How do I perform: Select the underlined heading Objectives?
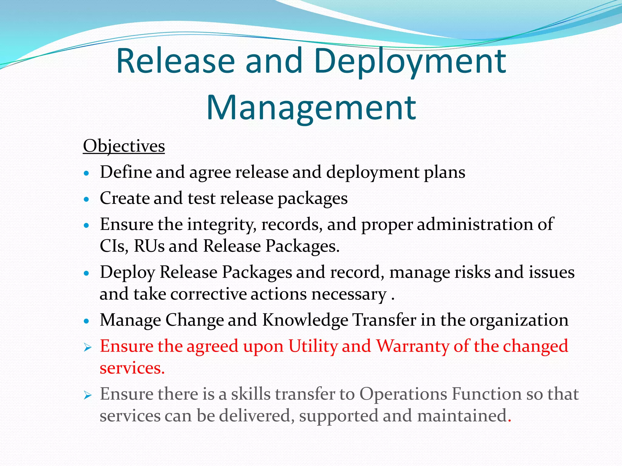pos(124,147)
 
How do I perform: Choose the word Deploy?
pos(128,272)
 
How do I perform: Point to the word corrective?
pos(208,294)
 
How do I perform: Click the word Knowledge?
pos(305,320)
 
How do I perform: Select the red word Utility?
pos(313,346)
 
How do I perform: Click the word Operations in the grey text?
pos(403,394)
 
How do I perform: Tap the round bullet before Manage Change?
pos(87,321)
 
